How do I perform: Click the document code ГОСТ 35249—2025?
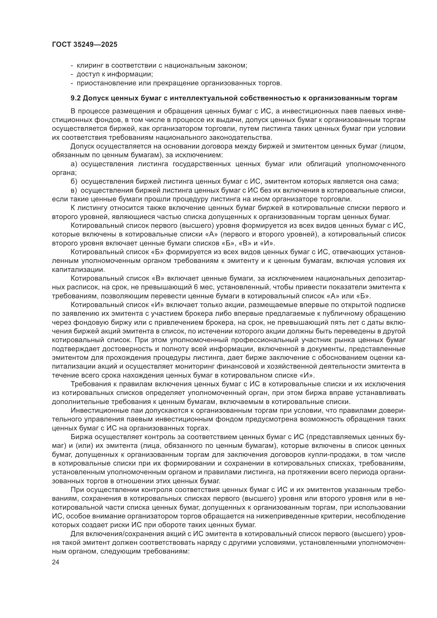(x=85, y=44)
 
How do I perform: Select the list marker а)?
(x=74, y=164)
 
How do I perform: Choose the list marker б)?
(x=74, y=182)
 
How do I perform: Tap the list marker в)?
(x=74, y=190)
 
